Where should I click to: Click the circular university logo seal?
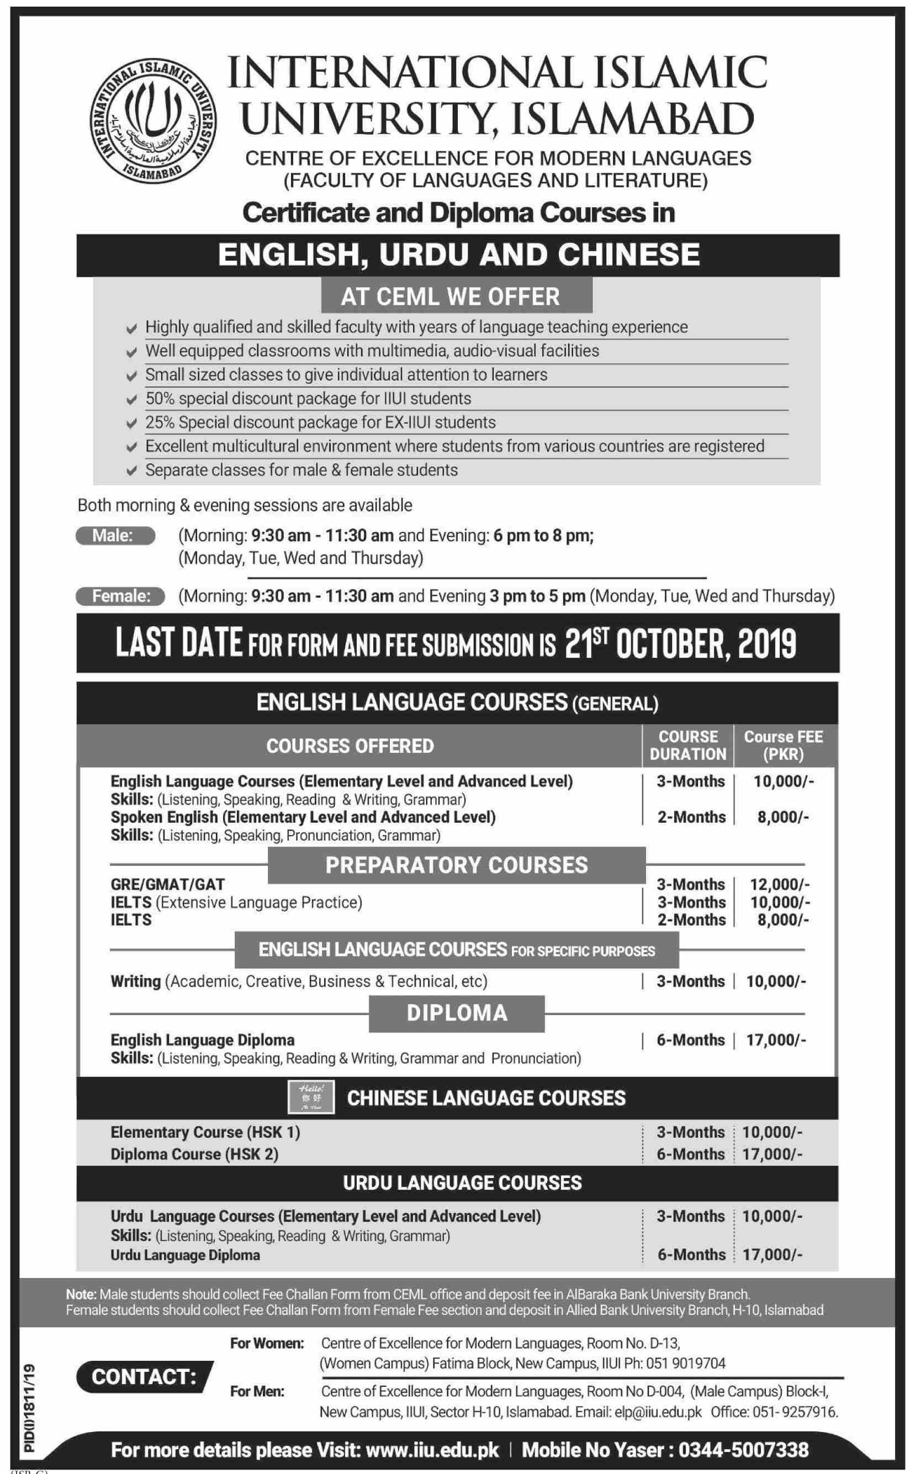click(x=153, y=120)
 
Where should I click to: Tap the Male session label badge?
click(x=115, y=535)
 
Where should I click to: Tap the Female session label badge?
click(x=120, y=596)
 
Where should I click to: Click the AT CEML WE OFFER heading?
click(x=456, y=296)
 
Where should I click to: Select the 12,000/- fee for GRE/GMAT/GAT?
click(x=779, y=884)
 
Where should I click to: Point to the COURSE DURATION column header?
click(x=688, y=745)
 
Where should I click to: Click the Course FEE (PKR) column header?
click(x=783, y=745)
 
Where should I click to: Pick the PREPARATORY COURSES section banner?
click(x=456, y=865)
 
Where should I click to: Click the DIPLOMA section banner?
click(x=457, y=1013)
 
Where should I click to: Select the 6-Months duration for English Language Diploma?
click(x=690, y=1040)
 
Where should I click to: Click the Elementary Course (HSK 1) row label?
click(x=205, y=1132)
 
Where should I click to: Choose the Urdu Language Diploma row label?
click(x=186, y=1255)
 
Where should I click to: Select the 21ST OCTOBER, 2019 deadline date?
click(x=680, y=643)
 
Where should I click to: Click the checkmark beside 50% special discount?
click(x=131, y=400)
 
